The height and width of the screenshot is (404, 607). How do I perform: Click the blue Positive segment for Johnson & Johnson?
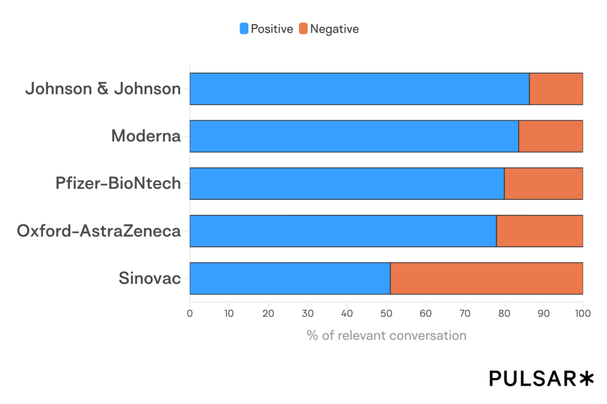[x=359, y=89]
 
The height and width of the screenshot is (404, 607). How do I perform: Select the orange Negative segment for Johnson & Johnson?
[x=556, y=89]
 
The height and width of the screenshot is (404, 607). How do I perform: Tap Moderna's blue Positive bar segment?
[x=354, y=136]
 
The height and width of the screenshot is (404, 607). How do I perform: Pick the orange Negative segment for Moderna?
[x=551, y=136]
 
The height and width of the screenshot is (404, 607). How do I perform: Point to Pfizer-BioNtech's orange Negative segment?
[x=544, y=184]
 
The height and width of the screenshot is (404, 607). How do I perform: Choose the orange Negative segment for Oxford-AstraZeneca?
[x=539, y=231]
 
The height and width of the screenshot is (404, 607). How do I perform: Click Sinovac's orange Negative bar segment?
[x=487, y=278]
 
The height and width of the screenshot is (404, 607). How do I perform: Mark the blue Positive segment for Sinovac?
[x=290, y=278]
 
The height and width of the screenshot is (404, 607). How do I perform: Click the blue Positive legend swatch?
[x=244, y=28]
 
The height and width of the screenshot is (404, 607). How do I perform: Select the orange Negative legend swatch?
[x=303, y=28]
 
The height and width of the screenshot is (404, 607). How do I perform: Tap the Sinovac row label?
[x=149, y=278]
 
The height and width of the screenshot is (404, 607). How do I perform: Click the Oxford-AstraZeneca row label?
[x=98, y=231]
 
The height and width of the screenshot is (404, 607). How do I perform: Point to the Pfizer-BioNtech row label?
[x=118, y=184]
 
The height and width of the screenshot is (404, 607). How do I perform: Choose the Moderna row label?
[x=146, y=136]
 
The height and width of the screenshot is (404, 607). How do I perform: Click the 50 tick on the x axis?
[x=386, y=313]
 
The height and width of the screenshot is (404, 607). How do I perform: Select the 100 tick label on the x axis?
[x=583, y=313]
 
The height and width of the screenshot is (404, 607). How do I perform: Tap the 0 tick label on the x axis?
[x=190, y=313]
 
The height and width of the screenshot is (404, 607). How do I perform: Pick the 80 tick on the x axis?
[x=504, y=313]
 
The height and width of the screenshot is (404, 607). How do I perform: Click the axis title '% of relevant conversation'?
[x=386, y=335]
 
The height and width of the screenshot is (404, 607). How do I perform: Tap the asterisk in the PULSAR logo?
[x=586, y=378]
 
